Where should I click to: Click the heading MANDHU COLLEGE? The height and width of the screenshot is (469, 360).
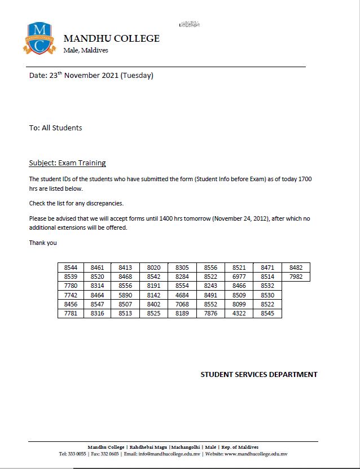point(112,39)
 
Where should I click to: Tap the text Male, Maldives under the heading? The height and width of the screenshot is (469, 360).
point(86,50)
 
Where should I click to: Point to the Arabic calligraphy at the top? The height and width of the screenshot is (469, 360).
point(190,24)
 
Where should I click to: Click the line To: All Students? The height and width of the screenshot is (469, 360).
point(55,128)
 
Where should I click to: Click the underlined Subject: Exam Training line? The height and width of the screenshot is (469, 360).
point(67,163)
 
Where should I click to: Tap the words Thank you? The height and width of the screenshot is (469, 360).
point(43,243)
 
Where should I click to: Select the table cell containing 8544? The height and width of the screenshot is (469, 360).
point(71,268)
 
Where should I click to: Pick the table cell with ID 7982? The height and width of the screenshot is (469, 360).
point(296,277)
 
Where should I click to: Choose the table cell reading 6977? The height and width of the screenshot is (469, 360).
point(239,277)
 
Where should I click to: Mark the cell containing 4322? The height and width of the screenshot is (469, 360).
point(239,313)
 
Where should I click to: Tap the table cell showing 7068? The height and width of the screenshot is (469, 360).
point(182,304)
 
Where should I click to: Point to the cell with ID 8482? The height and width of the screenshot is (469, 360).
point(296,268)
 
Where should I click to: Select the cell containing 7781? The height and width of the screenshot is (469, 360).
point(71,313)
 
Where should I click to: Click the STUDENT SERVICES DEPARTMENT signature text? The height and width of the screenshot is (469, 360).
point(259,374)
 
